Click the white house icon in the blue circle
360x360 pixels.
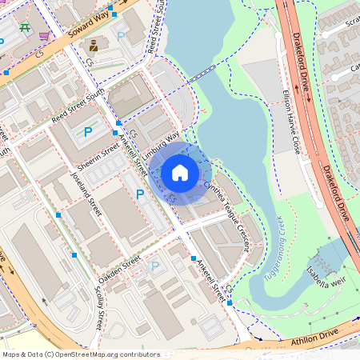click(180, 172)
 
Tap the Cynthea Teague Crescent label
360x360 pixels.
click(233, 214)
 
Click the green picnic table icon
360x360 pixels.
click(25, 26)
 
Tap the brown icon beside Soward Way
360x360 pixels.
click(93, 45)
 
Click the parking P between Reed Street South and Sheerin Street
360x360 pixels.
click(88, 131)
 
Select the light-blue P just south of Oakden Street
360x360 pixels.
click(155, 266)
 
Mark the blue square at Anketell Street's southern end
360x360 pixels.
click(230, 302)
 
